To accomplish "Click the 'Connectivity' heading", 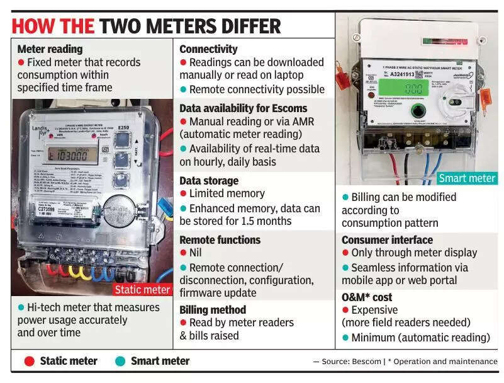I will [x=208, y=49].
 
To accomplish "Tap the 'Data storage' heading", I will [x=209, y=181].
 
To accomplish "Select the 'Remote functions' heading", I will [x=220, y=239].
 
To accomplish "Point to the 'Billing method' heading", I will [x=213, y=309].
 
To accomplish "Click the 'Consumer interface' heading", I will [x=387, y=240].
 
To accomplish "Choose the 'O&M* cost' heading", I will [x=367, y=297].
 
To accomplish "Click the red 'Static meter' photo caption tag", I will [x=142, y=290].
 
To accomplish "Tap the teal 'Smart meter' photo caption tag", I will [x=467, y=178].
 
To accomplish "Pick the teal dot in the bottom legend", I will [x=120, y=361].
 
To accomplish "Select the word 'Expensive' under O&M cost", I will [x=374, y=310].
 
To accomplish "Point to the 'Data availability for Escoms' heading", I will [x=243, y=108].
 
